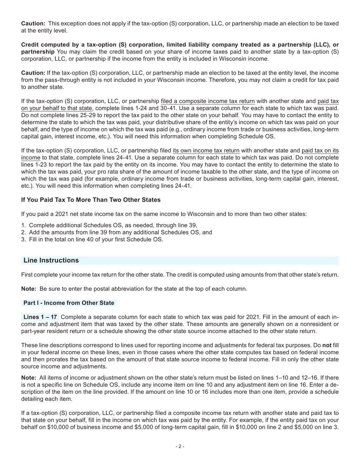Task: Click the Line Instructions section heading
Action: pos(51,260)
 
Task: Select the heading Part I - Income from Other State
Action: pos(69,303)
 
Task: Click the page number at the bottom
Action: pos(180,446)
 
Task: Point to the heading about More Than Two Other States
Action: pos(91,200)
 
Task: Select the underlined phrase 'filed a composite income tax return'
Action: pos(208,101)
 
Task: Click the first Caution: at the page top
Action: pos(33,23)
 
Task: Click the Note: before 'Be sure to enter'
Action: pos(29,289)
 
